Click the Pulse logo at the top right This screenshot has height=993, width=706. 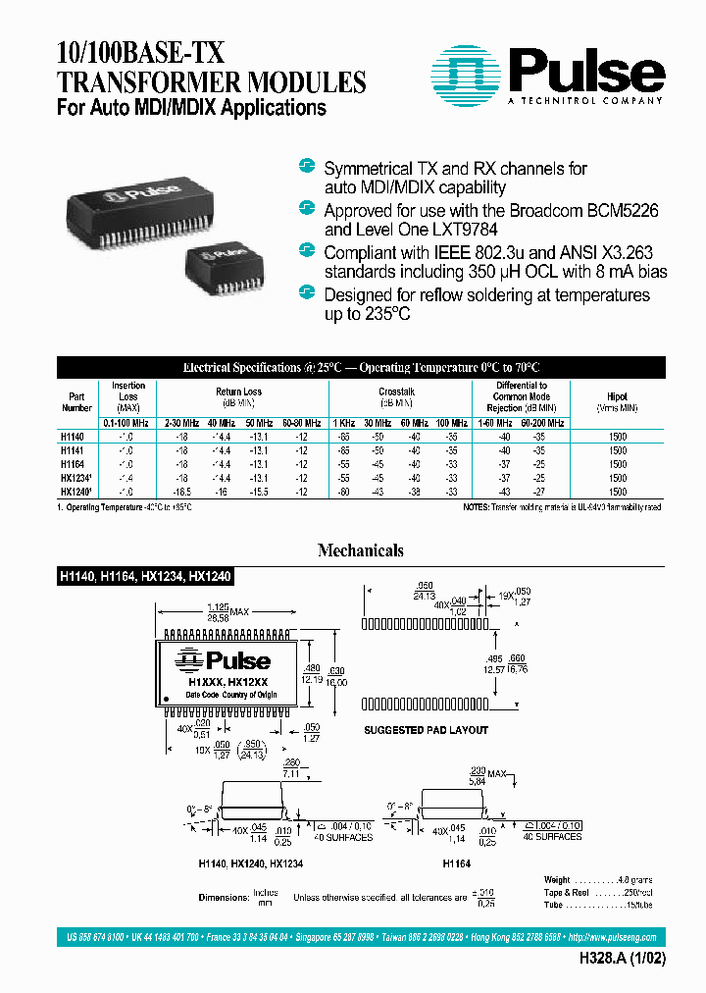[x=548, y=75]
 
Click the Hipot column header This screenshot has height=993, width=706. [x=617, y=396]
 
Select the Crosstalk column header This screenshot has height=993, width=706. [x=396, y=391]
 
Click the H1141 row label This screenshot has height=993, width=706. [x=73, y=449]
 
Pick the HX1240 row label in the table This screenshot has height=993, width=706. [x=76, y=491]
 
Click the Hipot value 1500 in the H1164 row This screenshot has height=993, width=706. [x=617, y=463]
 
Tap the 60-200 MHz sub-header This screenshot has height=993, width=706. [x=544, y=422]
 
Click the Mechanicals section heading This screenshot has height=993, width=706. [x=360, y=550]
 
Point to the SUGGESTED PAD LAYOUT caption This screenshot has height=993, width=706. [x=426, y=730]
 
